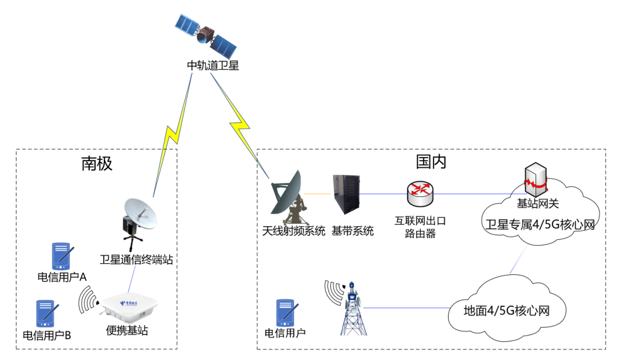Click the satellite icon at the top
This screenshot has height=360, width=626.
pyautogui.click(x=206, y=35)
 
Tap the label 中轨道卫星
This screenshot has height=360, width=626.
pyautogui.click(x=213, y=66)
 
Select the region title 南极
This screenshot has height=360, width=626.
pyautogui.click(x=97, y=163)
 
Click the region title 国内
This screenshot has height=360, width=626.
pyautogui.click(x=431, y=162)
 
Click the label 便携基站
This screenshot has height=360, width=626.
pyautogui.click(x=127, y=330)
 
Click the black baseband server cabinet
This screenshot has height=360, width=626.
pyautogui.click(x=346, y=194)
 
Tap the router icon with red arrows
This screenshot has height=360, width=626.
pyautogui.click(x=420, y=194)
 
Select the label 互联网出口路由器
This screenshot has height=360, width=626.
pyautogui.click(x=420, y=227)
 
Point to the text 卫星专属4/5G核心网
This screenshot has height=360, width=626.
pyautogui.click(x=540, y=225)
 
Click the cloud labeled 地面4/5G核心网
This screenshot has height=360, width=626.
pyautogui.click(x=507, y=310)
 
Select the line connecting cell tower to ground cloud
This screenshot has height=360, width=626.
pyautogui.click(x=406, y=308)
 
